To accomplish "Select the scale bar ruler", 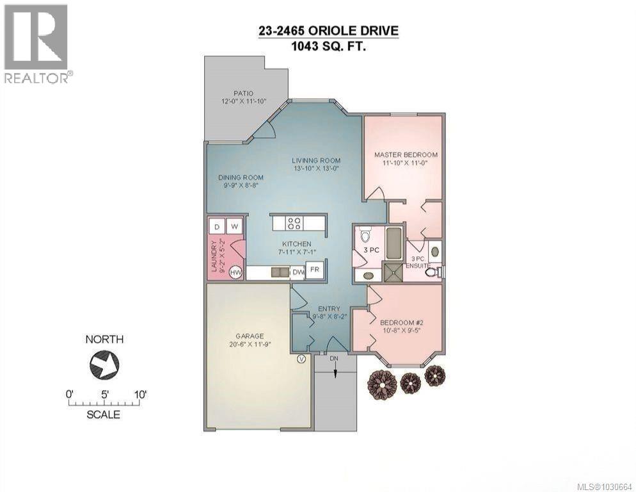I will [x=104, y=403].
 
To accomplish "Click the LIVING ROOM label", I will [x=316, y=161].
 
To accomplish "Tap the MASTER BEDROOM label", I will [x=406, y=155].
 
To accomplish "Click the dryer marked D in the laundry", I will [x=217, y=226].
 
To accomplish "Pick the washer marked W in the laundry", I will [x=235, y=226].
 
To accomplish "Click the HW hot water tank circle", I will [x=235, y=272].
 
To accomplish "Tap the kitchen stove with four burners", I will [x=294, y=223].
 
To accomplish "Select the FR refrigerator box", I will [x=315, y=270].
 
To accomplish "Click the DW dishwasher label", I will [x=298, y=272].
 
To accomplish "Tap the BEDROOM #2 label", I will [x=400, y=323].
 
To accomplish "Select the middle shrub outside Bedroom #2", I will [x=410, y=383].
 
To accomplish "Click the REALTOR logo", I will [x=36, y=44].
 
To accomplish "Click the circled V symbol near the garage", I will [x=301, y=359].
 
